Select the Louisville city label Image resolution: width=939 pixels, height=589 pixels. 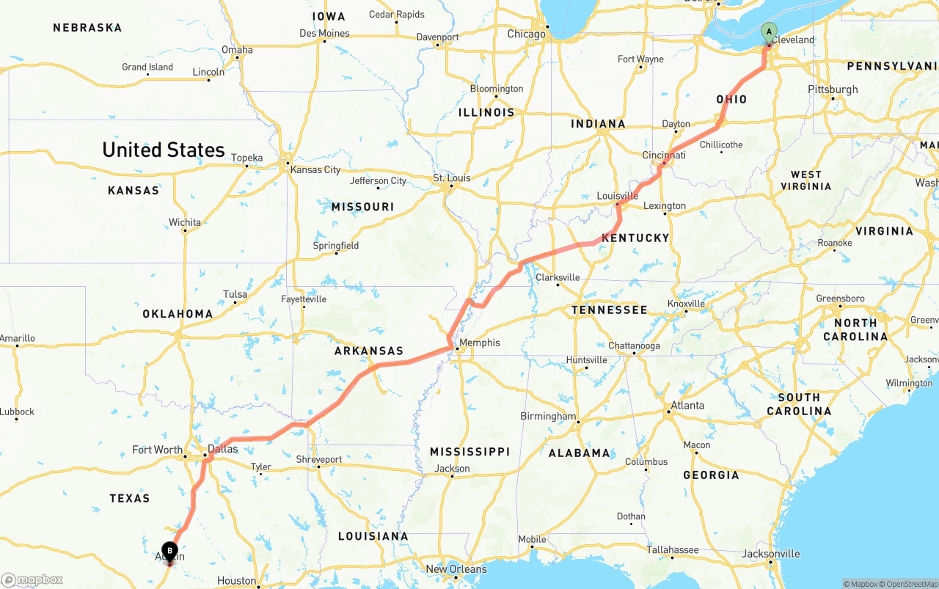pos(617,196)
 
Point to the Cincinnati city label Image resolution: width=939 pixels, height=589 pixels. pos(663,156)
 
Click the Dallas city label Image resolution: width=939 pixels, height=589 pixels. pos(222,449)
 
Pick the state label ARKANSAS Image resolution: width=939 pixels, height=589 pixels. pos(369,351)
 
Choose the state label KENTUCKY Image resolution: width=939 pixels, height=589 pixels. pos(635,238)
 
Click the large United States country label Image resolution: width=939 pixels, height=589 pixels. pos(163,150)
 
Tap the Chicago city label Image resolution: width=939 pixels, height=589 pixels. pos(526,34)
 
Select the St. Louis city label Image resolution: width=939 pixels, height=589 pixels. pos(451,178)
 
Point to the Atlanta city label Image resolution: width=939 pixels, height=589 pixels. pos(687,405)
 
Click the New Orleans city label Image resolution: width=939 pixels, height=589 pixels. pos(456,569)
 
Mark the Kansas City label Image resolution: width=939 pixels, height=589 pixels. pos(315,169)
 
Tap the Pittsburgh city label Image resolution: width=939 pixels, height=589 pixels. pos(833,89)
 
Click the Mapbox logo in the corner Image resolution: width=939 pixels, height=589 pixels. pos(32,579)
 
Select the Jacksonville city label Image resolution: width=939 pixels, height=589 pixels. pos(770,553)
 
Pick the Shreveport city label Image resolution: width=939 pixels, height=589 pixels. pos(318,459)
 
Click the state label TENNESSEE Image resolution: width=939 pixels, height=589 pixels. pos(609,310)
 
